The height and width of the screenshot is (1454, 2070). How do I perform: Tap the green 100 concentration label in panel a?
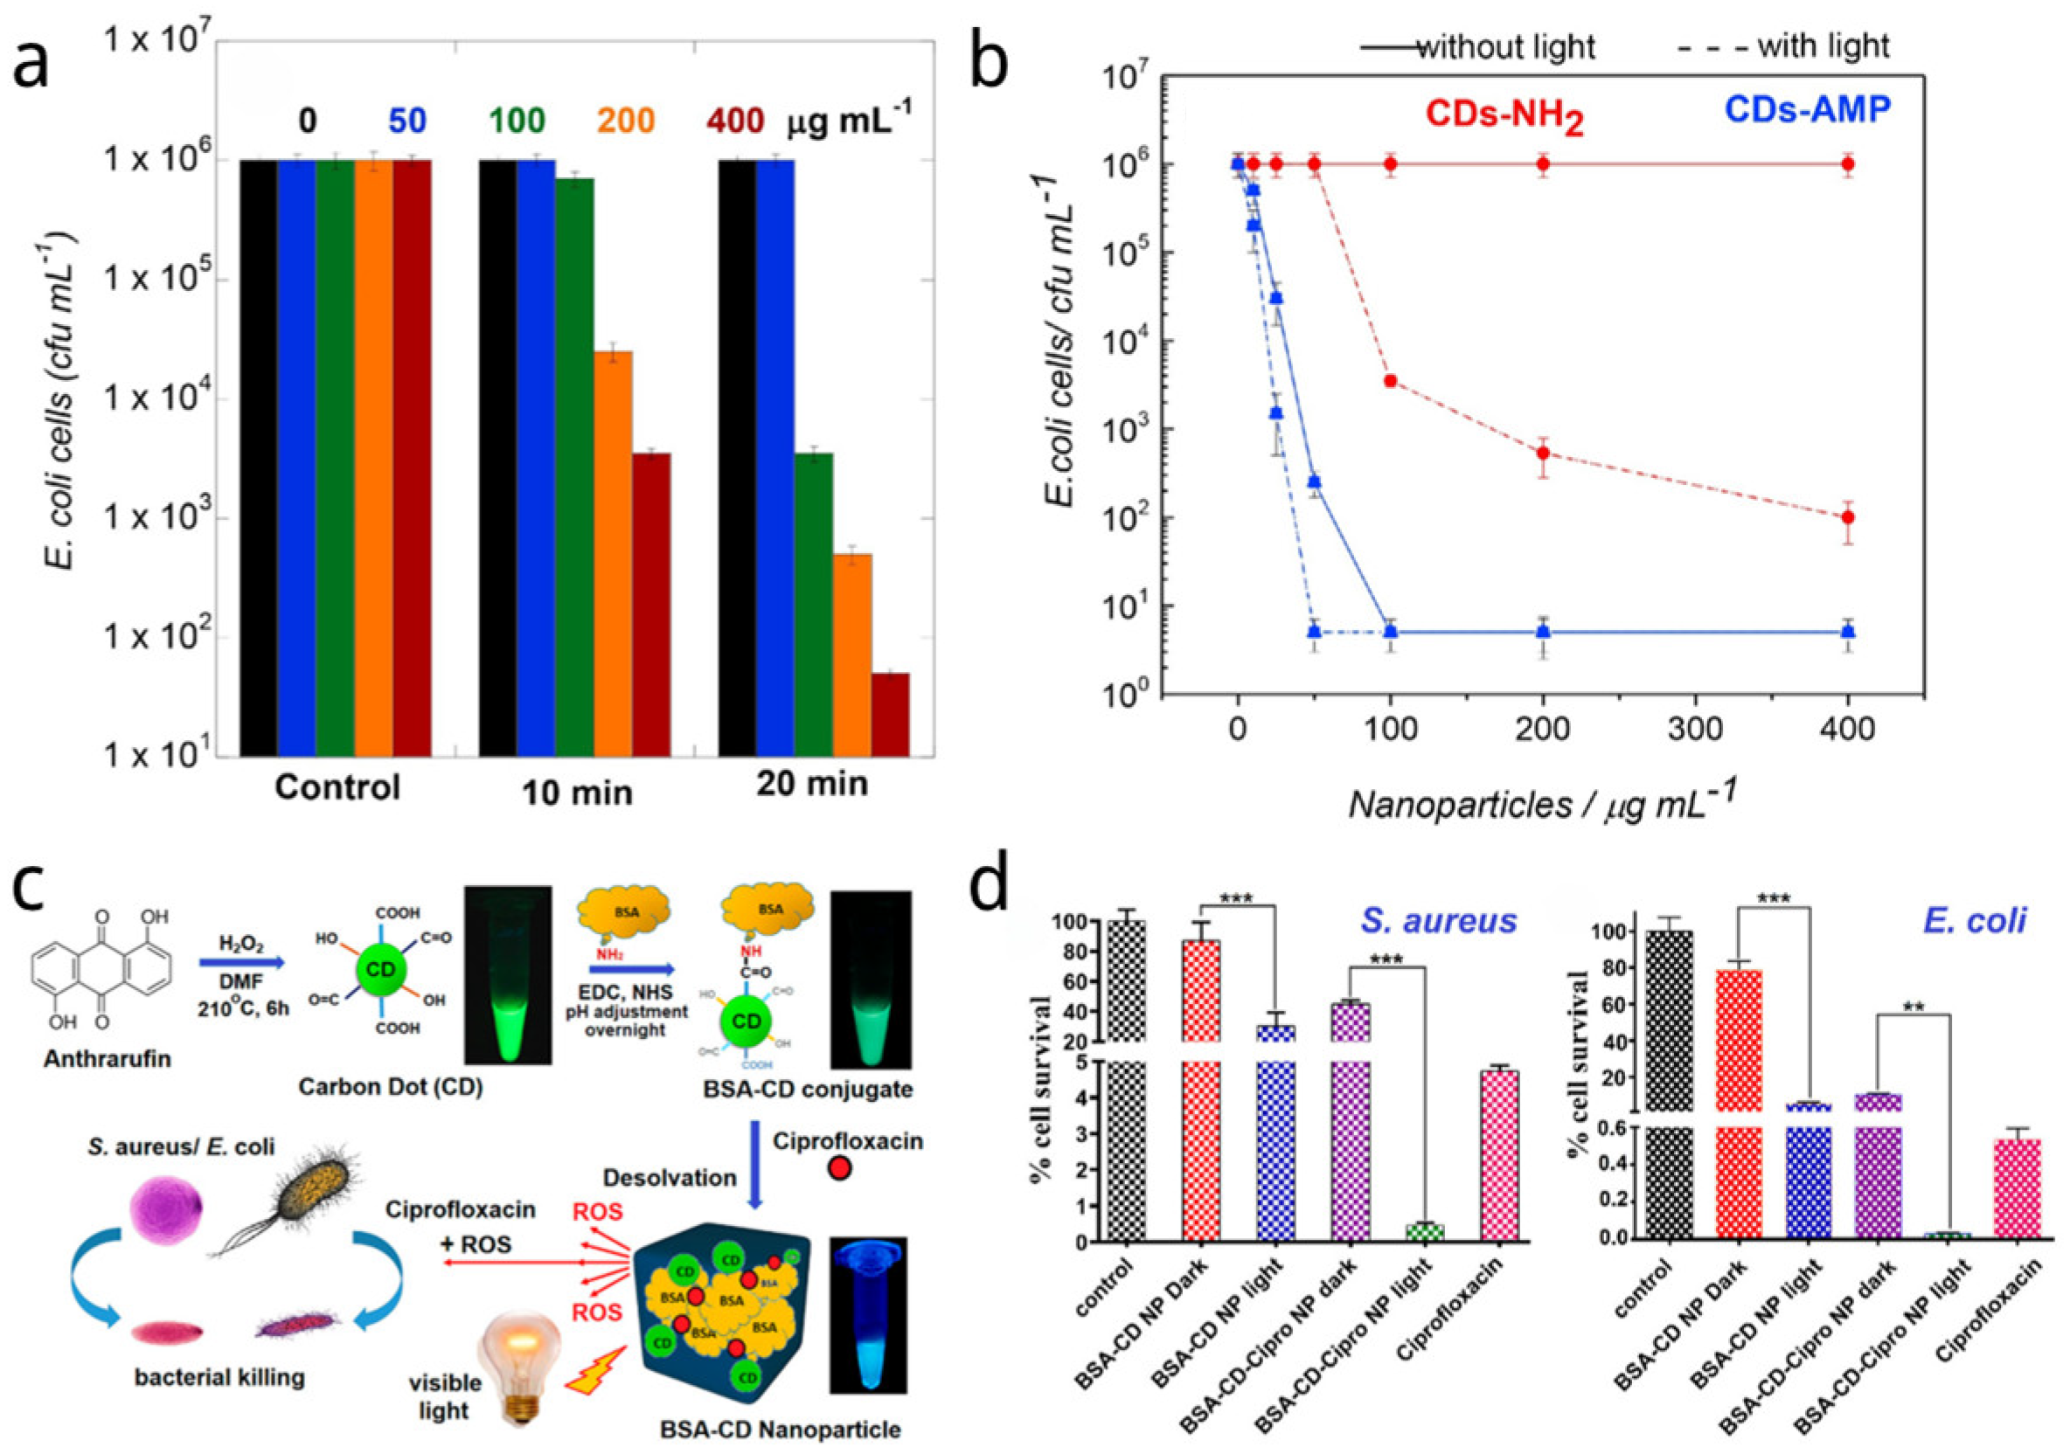click(x=517, y=120)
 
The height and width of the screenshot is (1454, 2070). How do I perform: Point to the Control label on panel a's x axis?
click(x=337, y=787)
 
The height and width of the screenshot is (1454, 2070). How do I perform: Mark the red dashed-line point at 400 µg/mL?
click(x=1848, y=517)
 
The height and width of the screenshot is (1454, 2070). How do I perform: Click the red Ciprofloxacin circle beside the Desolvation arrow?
click(x=839, y=1169)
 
